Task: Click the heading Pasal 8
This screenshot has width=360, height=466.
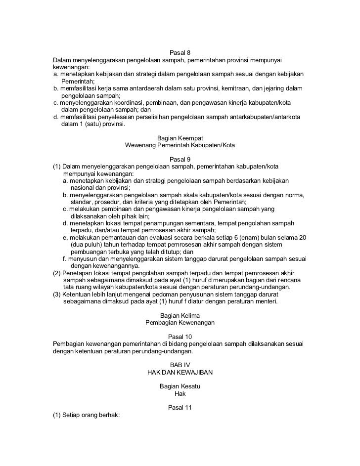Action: click(x=180, y=52)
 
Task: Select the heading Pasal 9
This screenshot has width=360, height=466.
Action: click(x=180, y=160)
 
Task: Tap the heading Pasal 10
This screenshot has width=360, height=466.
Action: click(x=180, y=336)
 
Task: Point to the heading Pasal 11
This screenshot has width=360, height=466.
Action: click(x=180, y=408)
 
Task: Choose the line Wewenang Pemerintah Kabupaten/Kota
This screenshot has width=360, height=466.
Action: click(x=180, y=146)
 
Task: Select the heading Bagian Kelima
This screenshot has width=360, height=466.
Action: click(x=180, y=315)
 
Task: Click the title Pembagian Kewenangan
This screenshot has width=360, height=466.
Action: click(x=180, y=323)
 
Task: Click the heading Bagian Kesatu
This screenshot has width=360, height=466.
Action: click(x=180, y=386)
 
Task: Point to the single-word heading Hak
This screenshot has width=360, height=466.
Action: click(x=180, y=394)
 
